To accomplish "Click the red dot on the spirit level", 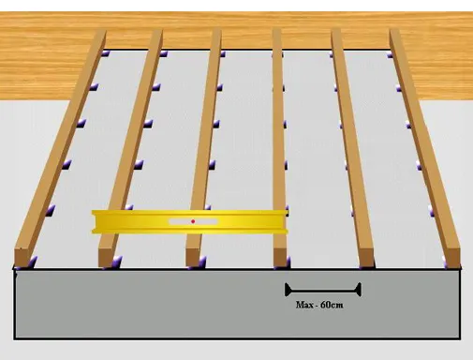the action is click(193, 221).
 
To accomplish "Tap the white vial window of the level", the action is click(193, 221).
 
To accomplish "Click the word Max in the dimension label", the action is click(303, 305).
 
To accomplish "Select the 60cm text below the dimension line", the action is click(332, 305).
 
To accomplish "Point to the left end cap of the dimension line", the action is click(288, 290).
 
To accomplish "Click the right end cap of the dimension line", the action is click(359, 290).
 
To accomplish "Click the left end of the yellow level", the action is click(94, 221).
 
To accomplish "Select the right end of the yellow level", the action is click(286, 221).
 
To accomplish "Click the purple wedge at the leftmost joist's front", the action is click(32, 262).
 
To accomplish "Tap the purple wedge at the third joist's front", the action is click(202, 262).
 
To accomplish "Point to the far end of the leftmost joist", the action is click(100, 32).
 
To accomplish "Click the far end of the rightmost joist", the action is click(394, 31).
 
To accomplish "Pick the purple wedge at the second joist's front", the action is click(117, 262).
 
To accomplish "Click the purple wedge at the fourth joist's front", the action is click(288, 262).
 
